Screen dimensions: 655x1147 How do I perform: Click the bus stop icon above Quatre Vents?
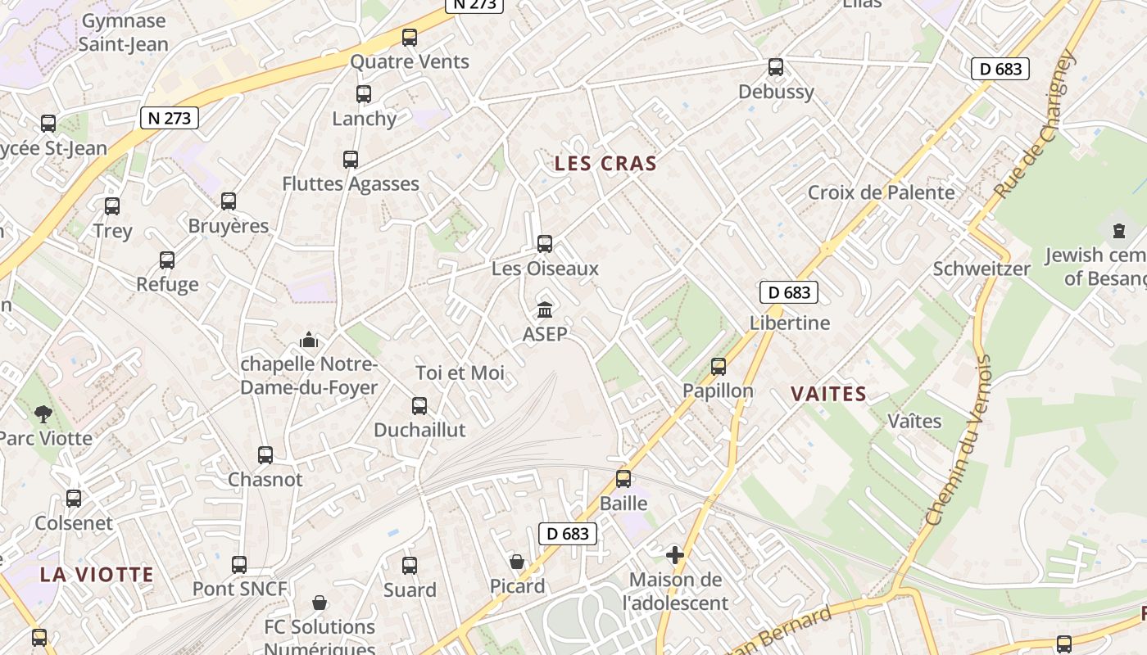coord(410,38)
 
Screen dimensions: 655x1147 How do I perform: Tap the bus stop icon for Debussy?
coord(775,67)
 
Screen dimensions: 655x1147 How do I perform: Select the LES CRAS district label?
coord(605,164)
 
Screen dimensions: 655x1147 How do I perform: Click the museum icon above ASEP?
coord(545,309)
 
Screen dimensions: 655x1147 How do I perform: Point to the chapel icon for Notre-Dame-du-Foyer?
coord(309,339)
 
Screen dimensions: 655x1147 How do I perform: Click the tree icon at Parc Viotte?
coord(43,414)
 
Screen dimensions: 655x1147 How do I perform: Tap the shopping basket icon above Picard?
coord(517,562)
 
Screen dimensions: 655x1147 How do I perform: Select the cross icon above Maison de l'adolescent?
coord(675,556)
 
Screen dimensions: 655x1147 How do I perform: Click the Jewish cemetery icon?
coord(1119,231)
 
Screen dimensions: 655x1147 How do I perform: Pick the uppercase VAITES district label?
coord(828,395)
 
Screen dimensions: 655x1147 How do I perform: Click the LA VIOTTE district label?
coord(97,575)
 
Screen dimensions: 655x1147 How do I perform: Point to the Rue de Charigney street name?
coord(1034,124)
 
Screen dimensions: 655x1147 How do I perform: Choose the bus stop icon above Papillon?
coord(719,367)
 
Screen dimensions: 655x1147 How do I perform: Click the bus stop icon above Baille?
coord(623,479)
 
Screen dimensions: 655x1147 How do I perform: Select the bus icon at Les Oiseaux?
coord(545,244)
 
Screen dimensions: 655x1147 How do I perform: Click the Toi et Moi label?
coord(460,373)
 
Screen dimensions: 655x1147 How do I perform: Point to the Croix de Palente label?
coord(881,192)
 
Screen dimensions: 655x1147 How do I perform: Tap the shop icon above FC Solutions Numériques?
coord(320,603)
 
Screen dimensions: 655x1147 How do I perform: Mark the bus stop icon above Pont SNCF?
coord(239,565)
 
